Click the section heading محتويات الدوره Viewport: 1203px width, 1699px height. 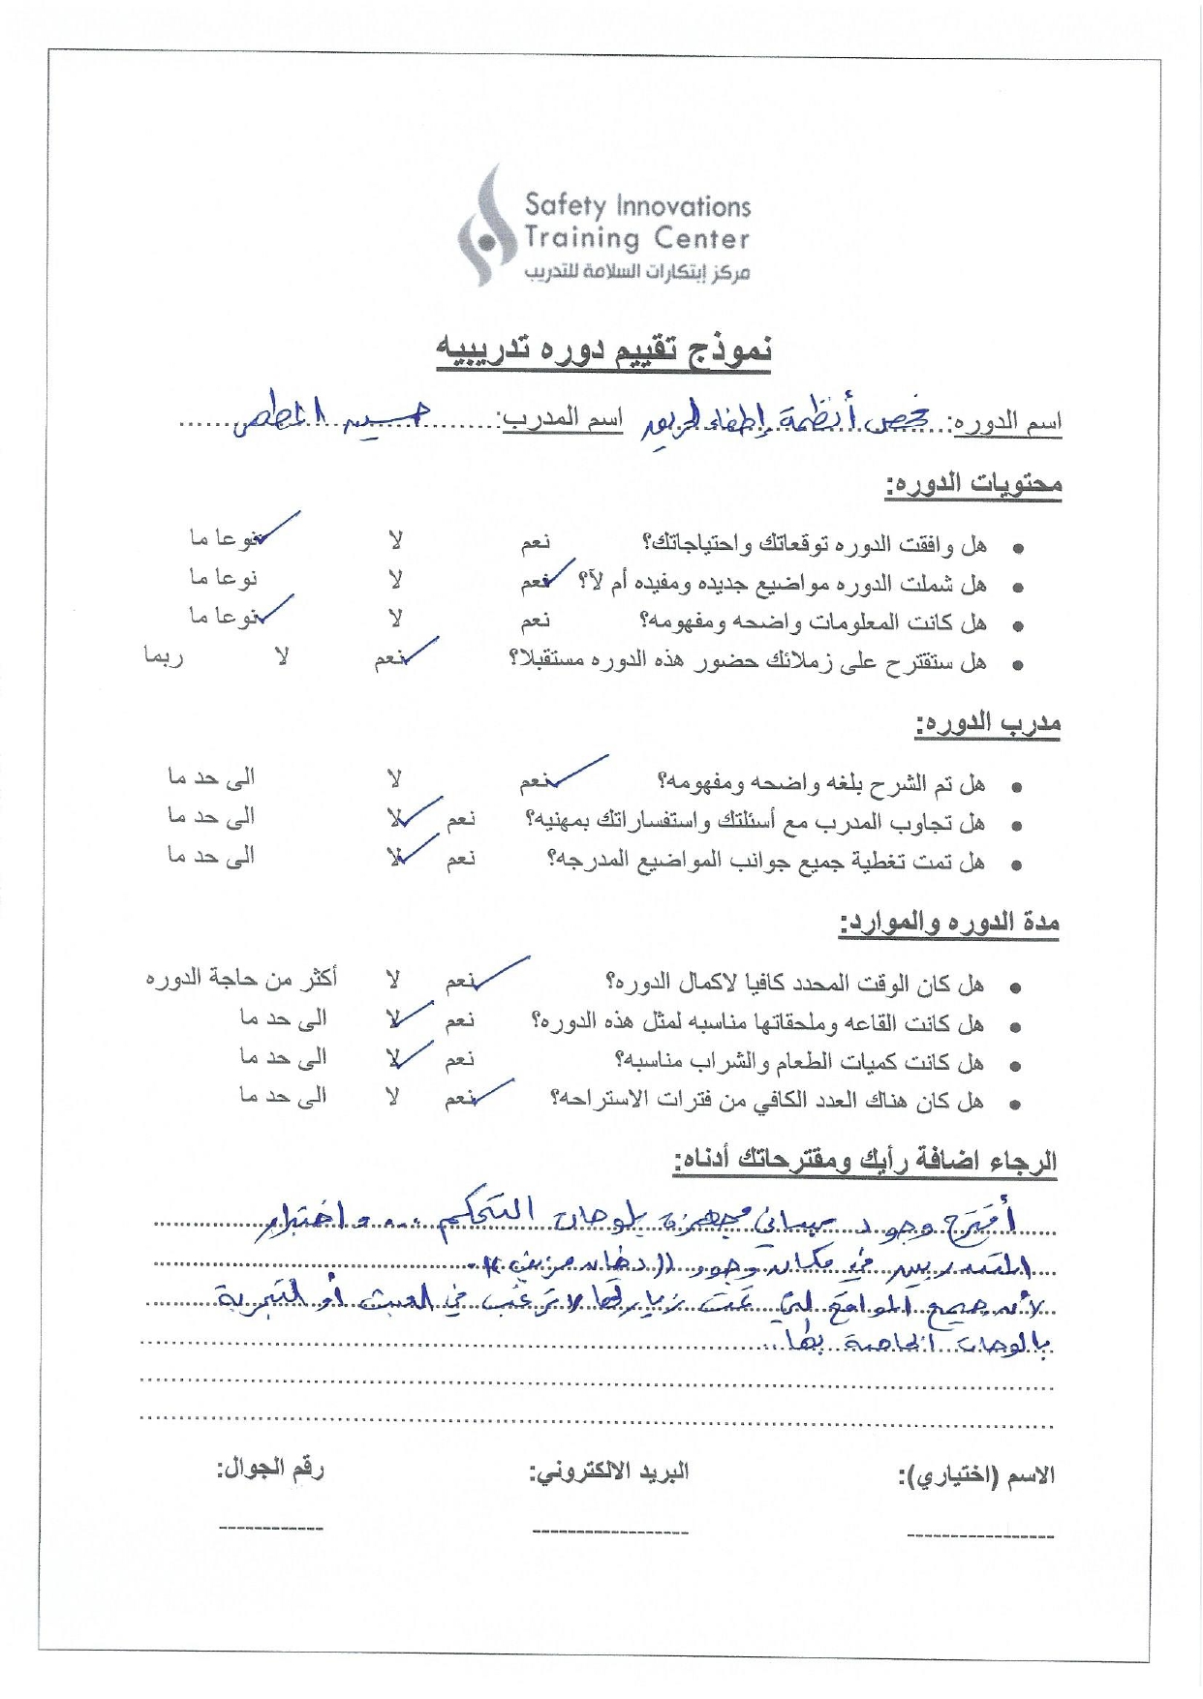[972, 484]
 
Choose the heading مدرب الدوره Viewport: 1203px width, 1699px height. [987, 724]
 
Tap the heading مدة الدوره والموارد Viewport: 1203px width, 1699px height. [948, 923]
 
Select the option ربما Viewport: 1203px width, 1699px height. [163, 656]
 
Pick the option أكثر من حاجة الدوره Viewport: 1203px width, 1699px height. [241, 979]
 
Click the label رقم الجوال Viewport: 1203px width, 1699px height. [270, 1469]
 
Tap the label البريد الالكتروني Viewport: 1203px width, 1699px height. [608, 1472]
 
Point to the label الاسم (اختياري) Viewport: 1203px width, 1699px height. [975, 1476]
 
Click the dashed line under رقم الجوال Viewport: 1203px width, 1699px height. [270, 1529]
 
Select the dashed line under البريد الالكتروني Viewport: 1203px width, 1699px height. [609, 1532]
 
